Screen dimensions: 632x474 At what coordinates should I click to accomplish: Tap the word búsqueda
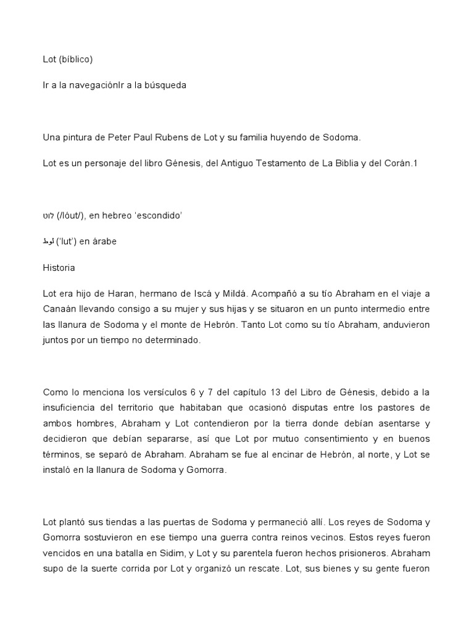pyautogui.click(x=165, y=85)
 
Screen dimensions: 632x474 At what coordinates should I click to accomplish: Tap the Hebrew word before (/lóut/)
pyautogui.click(x=48, y=216)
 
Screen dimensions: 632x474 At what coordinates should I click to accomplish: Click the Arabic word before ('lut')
pyautogui.click(x=48, y=241)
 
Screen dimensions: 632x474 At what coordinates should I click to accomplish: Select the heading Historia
pyautogui.click(x=59, y=268)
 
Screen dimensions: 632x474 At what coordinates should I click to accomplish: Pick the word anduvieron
pyautogui.click(x=395, y=324)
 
